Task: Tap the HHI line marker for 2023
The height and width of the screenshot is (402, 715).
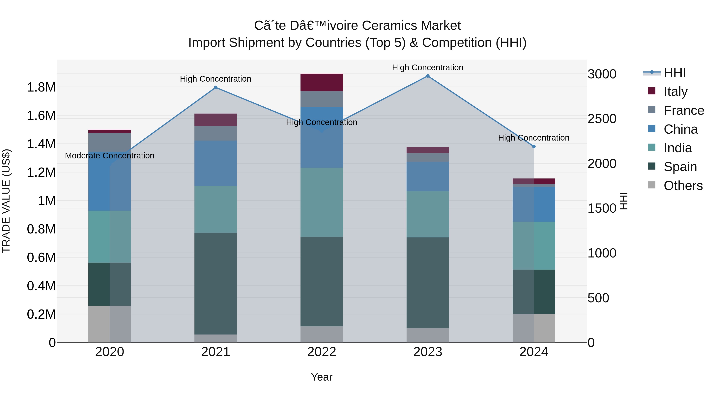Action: point(428,76)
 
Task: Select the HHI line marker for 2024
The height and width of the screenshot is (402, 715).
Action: point(533,147)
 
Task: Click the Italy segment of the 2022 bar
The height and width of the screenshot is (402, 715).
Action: point(322,82)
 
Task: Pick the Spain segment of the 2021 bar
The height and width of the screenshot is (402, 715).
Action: point(216,283)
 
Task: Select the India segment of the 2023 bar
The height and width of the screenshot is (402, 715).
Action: point(428,214)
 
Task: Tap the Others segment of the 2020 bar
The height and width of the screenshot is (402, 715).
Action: point(109,324)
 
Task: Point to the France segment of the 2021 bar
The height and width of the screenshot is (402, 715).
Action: point(216,133)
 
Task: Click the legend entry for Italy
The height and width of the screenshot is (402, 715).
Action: point(675,91)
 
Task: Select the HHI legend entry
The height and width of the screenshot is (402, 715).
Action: point(674,73)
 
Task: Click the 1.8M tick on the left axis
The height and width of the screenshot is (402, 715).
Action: point(41,87)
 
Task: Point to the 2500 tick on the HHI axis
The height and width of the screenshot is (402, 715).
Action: point(602,119)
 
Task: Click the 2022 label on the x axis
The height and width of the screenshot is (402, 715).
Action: point(322,352)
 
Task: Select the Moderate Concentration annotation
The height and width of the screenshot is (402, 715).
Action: point(109,156)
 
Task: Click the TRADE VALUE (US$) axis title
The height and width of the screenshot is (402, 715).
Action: point(6,201)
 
